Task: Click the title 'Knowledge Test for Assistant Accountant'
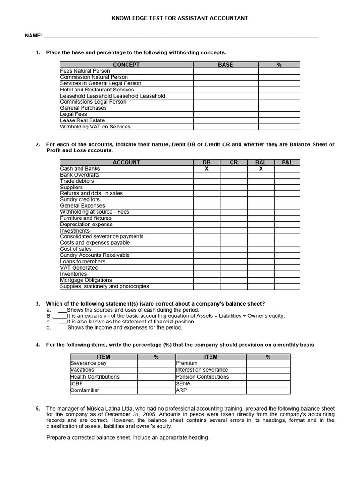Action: (180, 18)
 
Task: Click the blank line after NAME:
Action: (180, 36)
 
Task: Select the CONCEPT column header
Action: (126, 65)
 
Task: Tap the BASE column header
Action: (225, 65)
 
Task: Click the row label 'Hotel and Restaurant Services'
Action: (97, 90)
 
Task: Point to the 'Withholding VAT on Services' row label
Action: (96, 127)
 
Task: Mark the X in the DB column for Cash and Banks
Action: (207, 169)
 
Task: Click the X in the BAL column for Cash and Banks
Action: (261, 169)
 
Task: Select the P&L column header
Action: (287, 162)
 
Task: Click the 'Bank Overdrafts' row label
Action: (80, 175)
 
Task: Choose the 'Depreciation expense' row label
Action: (86, 225)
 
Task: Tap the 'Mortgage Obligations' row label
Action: (86, 280)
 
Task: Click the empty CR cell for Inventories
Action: (233, 274)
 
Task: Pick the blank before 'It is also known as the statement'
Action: (62, 322)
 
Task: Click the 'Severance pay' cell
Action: (89, 363)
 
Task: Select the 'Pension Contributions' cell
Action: (202, 377)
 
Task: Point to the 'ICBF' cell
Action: (76, 383)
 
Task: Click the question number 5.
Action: (38, 409)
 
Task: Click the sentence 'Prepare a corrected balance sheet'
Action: (128, 438)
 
